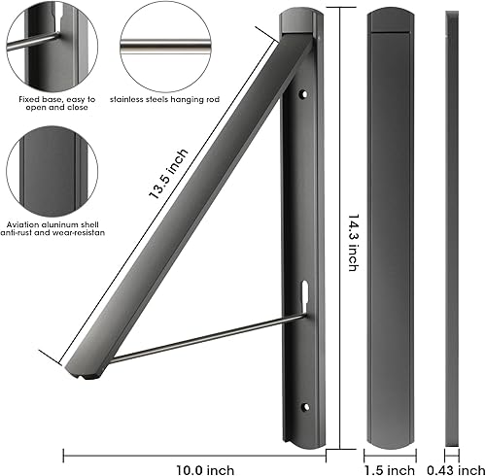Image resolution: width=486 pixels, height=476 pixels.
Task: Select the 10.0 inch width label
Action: (194, 470)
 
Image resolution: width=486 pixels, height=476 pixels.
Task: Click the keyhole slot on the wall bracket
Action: (305, 290)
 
